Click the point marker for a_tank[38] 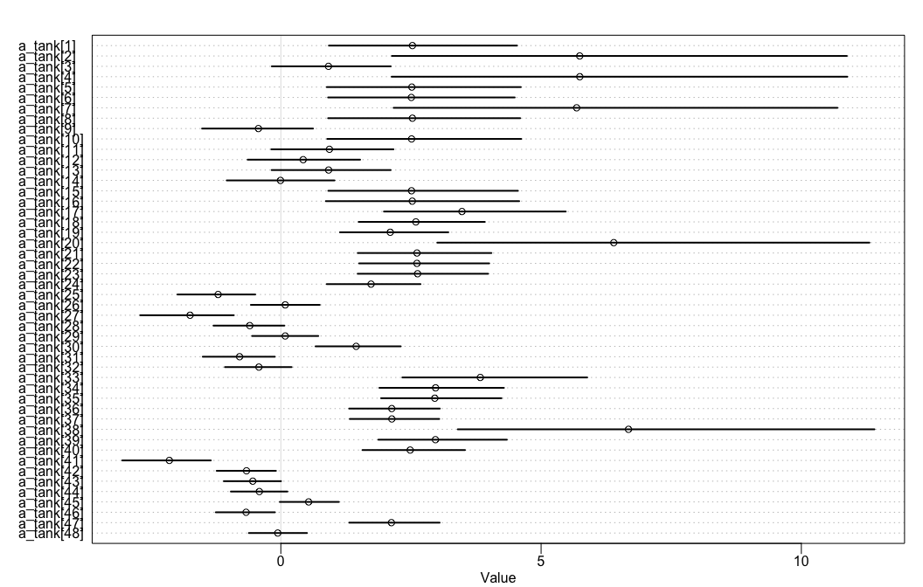[628, 429]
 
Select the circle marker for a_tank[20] [614, 242]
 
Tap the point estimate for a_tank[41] [170, 460]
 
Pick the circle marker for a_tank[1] [413, 45]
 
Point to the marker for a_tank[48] [278, 533]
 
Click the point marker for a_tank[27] [190, 314]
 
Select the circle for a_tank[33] [481, 377]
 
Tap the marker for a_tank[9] [259, 128]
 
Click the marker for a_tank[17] [462, 211]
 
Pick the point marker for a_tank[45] [309, 501]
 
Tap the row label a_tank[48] [51, 533]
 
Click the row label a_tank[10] [51, 139]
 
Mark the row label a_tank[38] [51, 429]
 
